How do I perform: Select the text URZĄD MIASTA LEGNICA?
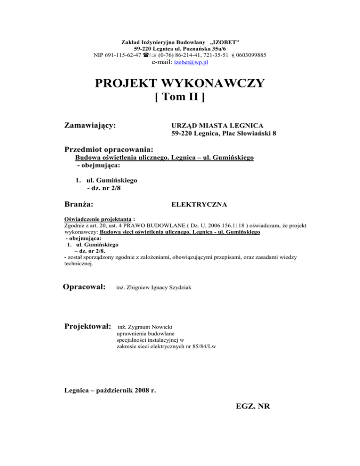(x=217, y=126)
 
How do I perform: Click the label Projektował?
(x=87, y=325)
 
